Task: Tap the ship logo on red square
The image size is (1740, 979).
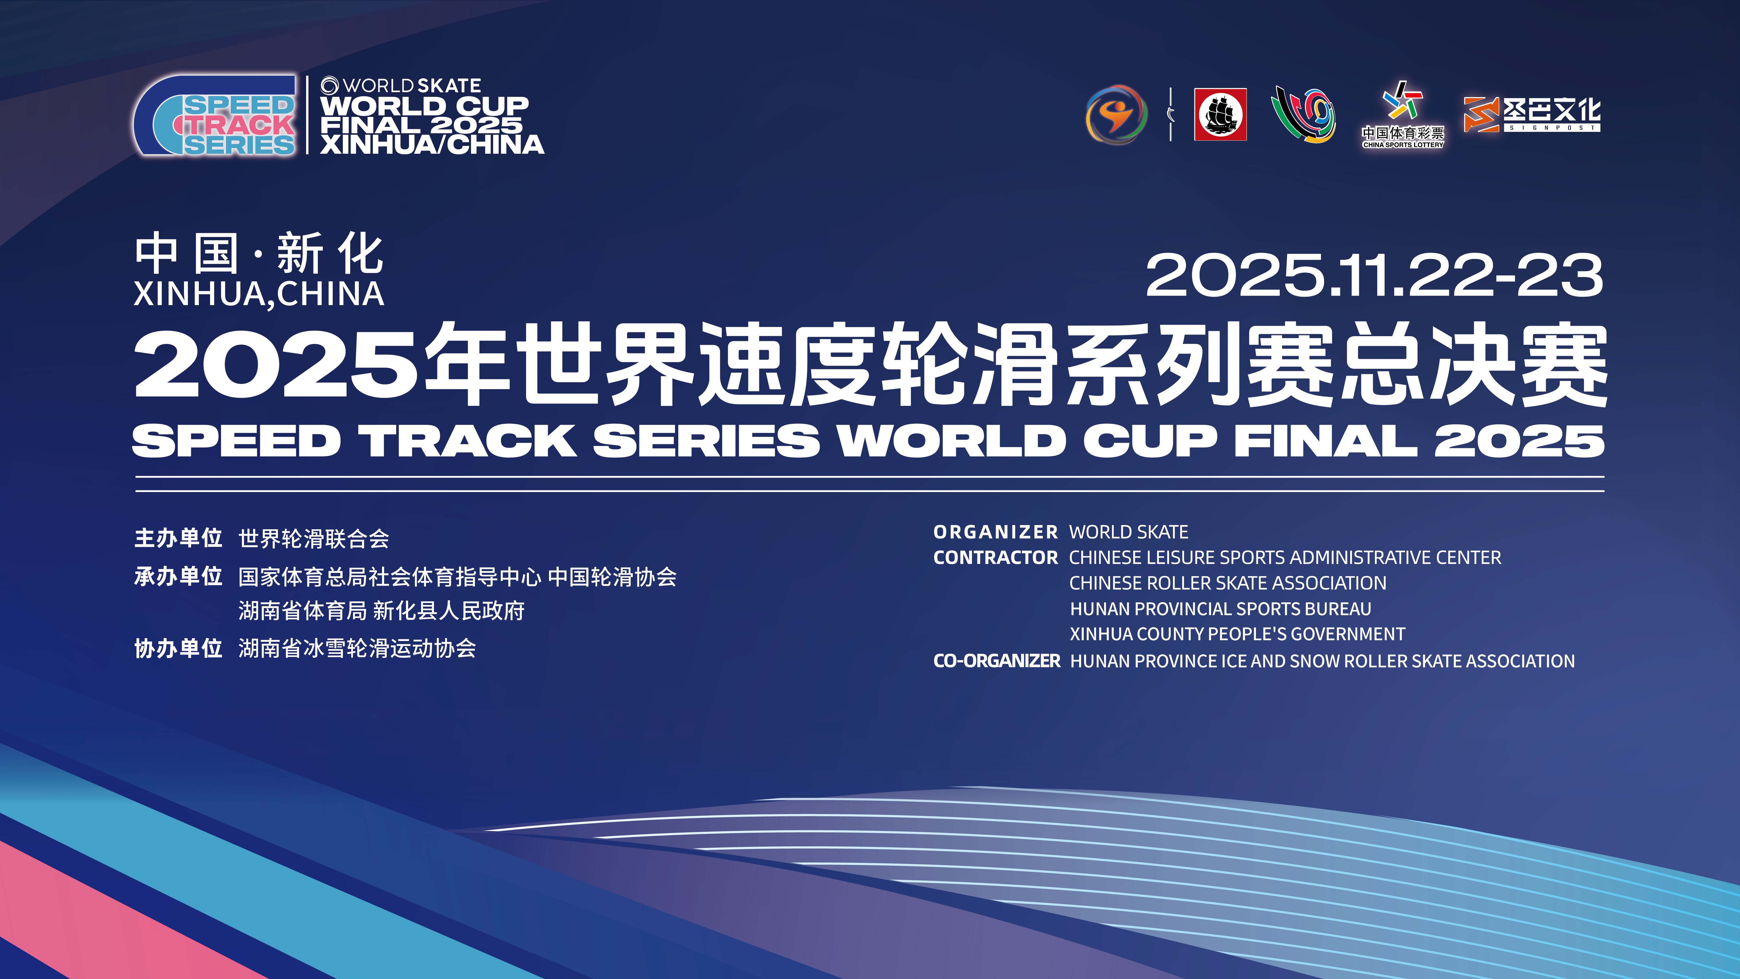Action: tap(1220, 114)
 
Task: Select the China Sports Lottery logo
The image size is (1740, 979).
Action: tap(1403, 115)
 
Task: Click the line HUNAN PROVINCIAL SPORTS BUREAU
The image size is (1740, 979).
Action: tap(1220, 609)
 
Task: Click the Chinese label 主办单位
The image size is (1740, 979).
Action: tap(178, 538)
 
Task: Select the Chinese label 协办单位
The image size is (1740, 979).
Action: tap(178, 649)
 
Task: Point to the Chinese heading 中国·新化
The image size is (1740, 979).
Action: tap(259, 254)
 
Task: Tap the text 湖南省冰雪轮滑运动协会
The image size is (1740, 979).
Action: tap(357, 649)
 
